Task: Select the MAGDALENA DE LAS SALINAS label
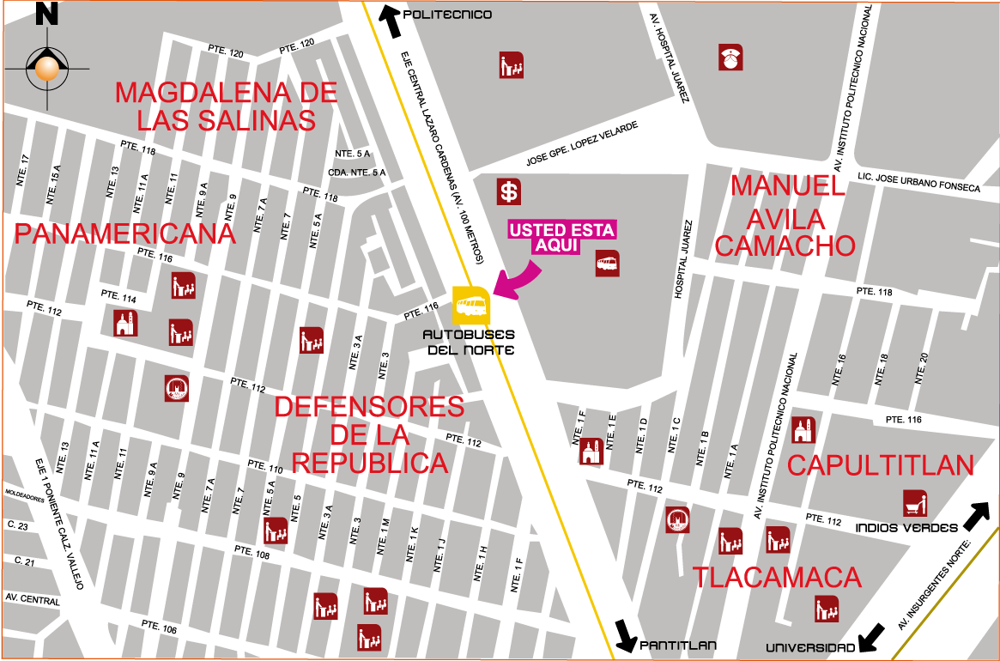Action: pos(226,106)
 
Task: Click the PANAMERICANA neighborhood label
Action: pos(125,233)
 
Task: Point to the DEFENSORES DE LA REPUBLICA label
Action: pos(369,434)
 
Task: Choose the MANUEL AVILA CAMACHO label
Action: pos(785,215)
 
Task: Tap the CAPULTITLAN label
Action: pos(881,465)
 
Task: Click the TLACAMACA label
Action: pos(777,578)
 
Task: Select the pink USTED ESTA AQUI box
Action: pos(562,238)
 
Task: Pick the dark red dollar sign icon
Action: pos(509,191)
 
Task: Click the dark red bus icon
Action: pos(608,264)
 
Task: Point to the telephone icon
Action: pos(730,58)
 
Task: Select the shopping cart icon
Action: pos(915,503)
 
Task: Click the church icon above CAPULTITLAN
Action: pos(803,429)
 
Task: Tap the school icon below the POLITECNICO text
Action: pos(512,65)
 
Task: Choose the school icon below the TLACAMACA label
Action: pos(827,609)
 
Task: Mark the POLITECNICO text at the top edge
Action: pos(450,15)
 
